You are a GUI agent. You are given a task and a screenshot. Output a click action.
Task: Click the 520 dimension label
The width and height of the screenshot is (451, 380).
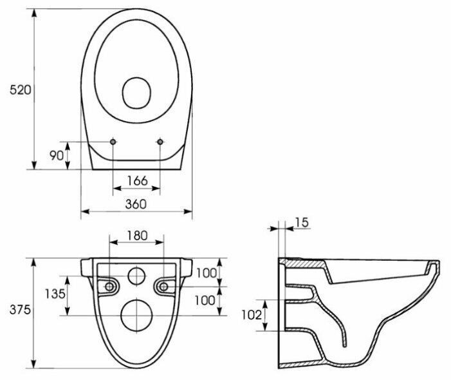(20, 90)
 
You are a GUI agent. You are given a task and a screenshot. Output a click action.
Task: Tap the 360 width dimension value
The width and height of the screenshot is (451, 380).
(136, 204)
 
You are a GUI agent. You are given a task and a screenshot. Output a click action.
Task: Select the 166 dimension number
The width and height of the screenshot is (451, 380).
(138, 180)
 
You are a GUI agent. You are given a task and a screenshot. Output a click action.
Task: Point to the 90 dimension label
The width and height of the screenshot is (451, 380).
(57, 155)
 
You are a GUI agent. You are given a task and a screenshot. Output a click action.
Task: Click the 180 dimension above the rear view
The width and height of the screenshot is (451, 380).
(137, 236)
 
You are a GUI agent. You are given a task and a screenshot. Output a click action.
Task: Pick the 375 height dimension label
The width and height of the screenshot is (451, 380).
(20, 310)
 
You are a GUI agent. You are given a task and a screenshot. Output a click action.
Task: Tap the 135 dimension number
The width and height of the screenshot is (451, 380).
(55, 294)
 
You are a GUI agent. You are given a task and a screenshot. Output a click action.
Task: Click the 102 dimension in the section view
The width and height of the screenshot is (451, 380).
(252, 315)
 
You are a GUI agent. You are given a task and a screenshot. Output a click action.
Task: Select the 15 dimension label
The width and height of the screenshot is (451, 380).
(302, 223)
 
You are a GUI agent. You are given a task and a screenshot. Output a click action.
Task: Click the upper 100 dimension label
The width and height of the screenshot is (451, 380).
(207, 273)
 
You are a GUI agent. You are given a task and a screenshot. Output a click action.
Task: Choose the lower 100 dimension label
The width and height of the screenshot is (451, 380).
(205, 301)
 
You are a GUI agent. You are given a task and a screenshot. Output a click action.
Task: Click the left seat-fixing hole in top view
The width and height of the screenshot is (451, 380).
(113, 142)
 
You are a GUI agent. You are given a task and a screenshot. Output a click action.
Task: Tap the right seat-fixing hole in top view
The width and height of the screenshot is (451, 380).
(160, 142)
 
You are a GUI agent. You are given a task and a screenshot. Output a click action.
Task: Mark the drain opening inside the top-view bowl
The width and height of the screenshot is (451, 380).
(136, 93)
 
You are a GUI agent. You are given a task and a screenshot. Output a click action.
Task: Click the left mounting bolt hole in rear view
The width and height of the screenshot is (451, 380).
(109, 287)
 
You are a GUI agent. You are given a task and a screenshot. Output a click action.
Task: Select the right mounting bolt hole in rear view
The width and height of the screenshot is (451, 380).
(163, 287)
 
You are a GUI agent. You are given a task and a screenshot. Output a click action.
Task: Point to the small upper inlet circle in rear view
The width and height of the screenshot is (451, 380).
(136, 276)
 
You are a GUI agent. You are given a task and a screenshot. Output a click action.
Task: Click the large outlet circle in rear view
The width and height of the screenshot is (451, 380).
(136, 316)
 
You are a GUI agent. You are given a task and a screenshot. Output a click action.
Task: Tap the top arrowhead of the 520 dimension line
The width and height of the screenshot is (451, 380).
(34, 14)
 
